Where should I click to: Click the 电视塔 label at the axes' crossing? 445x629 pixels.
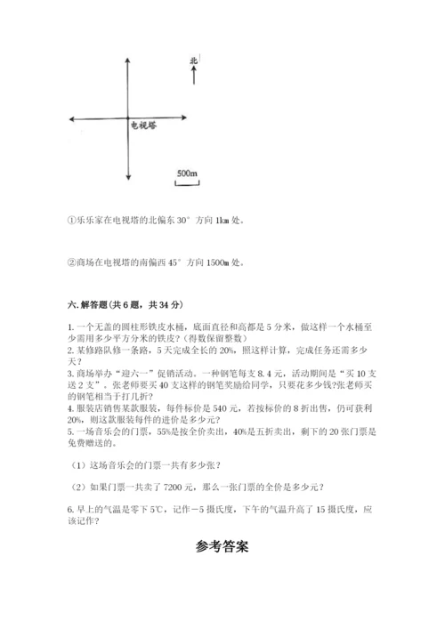(144, 126)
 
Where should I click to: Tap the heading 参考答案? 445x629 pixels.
(222, 547)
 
